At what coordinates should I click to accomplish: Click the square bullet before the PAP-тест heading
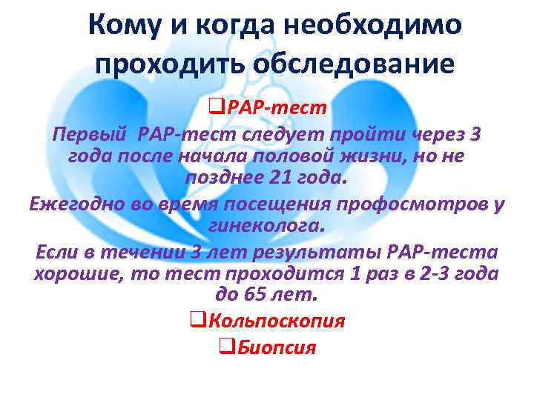[x=217, y=108]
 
